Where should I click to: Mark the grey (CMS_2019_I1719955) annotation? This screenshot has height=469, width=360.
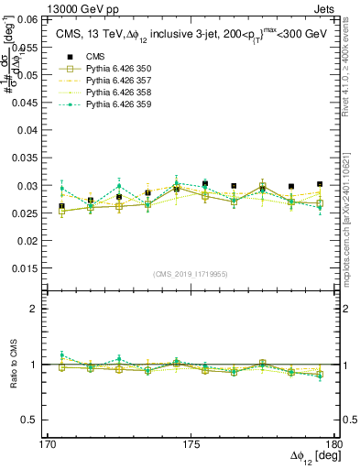coord(191,274)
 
